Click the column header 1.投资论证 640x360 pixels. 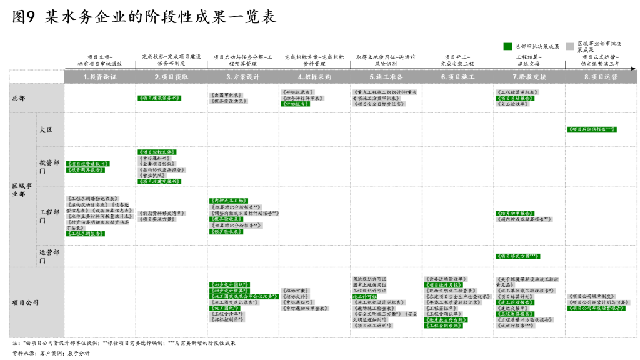[100, 77]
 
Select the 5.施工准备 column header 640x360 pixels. [386, 77]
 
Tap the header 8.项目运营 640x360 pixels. [601, 77]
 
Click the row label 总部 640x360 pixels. [19, 98]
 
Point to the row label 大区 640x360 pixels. [46, 129]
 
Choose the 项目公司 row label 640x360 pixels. [26, 302]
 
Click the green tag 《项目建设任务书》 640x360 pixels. [159, 98]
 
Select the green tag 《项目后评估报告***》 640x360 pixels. [592, 129]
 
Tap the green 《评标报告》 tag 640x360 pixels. [296, 104]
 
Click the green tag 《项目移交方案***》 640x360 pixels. [517, 256]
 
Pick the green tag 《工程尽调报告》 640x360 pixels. [86, 234]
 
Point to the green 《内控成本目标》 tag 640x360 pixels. [229, 201]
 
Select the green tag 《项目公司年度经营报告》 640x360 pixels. [596, 308]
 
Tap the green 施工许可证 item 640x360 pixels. [364, 297]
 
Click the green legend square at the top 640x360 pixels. [507, 46]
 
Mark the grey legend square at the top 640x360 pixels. [570, 46]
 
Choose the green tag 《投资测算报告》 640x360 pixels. [86, 169]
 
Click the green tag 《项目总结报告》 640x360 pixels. [515, 98]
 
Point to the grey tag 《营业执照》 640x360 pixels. [152, 176]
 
